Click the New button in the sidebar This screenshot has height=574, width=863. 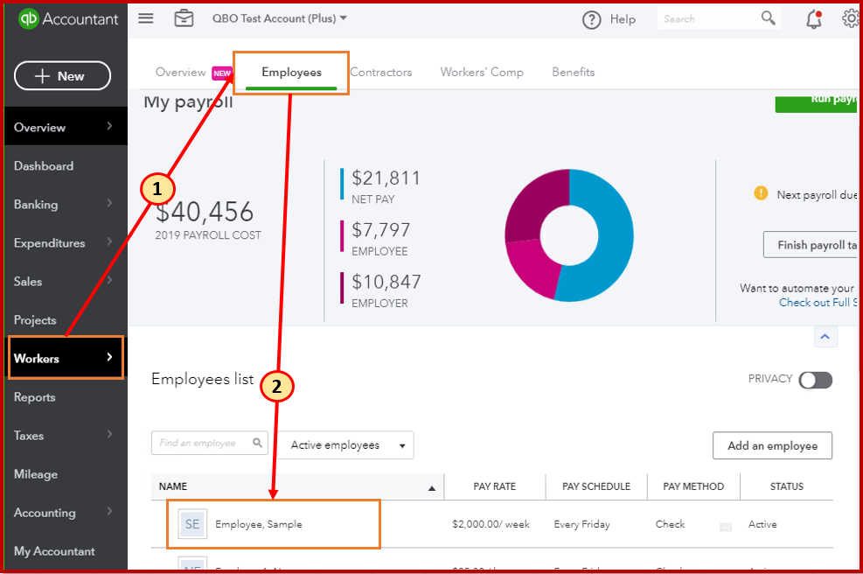tap(62, 76)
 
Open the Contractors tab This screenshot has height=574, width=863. tap(380, 73)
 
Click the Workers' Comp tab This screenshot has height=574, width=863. tap(482, 73)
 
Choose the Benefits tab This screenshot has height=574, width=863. tap(573, 73)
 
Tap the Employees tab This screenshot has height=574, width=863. tap(291, 73)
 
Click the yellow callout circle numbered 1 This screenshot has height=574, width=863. tap(157, 188)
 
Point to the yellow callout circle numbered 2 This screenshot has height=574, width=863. tap(277, 388)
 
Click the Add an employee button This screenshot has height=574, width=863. tap(772, 445)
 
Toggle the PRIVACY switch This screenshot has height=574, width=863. tap(815, 380)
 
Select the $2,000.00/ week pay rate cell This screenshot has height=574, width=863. tap(491, 524)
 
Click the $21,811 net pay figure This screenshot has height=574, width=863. tap(386, 178)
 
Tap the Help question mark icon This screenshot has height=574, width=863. tap(592, 19)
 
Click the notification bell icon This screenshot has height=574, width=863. tap(813, 19)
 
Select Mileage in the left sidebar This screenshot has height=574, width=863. tap(36, 474)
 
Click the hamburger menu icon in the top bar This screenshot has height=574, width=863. tap(146, 18)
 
